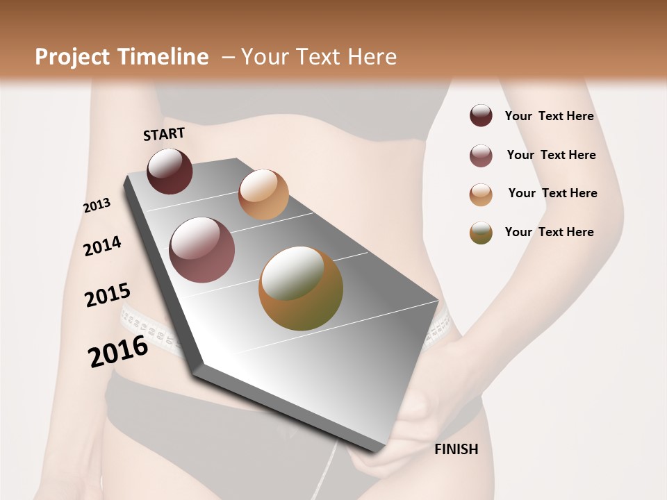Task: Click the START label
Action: coord(164,134)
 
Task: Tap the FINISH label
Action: coord(456,449)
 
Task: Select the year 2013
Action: coord(97,206)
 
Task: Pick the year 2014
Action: coord(102,247)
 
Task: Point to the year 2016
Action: coord(118,351)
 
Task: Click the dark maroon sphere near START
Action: coord(170,171)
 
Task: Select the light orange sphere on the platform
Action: coord(263,194)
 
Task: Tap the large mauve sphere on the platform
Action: coord(202,250)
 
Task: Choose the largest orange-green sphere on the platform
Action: coord(301,288)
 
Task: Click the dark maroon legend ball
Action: coord(481,116)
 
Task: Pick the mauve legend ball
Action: coord(481,156)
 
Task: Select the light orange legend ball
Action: coord(481,194)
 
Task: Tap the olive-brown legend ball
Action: coord(481,233)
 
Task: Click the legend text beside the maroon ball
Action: coord(549,117)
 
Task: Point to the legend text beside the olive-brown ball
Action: coord(549,232)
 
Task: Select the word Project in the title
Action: coord(73,57)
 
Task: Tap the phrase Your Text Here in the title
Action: coord(319,57)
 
